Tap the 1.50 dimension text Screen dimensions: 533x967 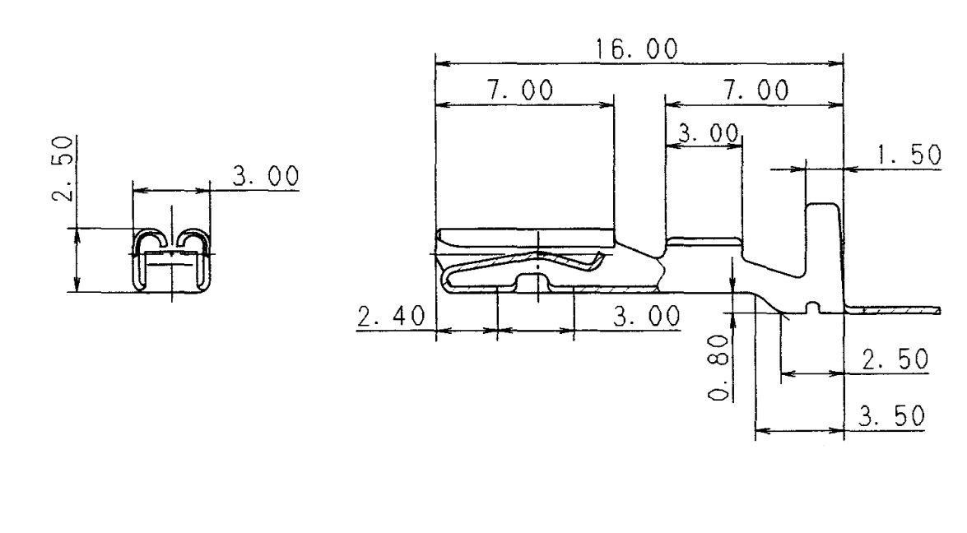tap(909, 155)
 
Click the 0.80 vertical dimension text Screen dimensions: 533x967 tap(721, 367)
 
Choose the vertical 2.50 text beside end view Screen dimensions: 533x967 tap(66, 169)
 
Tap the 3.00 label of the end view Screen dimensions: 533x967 tap(267, 177)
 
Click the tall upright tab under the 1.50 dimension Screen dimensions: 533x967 tap(825, 239)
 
